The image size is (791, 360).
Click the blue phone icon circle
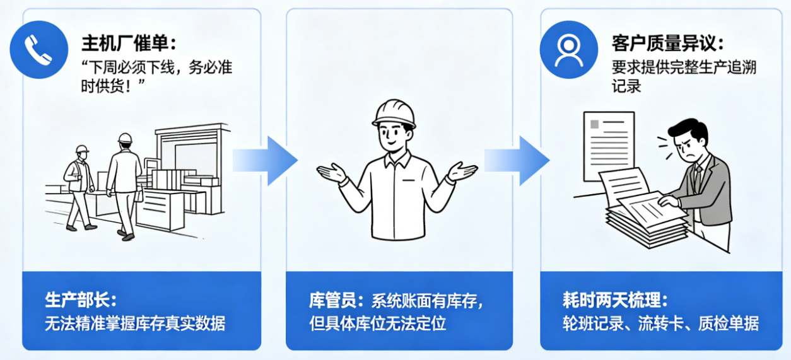click(x=39, y=50)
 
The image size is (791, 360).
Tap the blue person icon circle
click(x=569, y=50)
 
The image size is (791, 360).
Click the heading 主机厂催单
click(x=129, y=43)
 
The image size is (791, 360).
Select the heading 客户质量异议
click(x=668, y=43)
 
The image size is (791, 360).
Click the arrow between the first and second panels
click(x=265, y=161)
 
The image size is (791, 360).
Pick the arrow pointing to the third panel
click(x=517, y=161)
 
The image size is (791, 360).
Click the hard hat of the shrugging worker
click(x=394, y=113)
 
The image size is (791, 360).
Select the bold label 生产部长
click(x=81, y=300)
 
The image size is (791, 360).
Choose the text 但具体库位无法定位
click(x=378, y=323)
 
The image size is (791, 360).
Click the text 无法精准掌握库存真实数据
click(x=135, y=323)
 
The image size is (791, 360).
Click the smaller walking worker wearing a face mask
click(x=79, y=188)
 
